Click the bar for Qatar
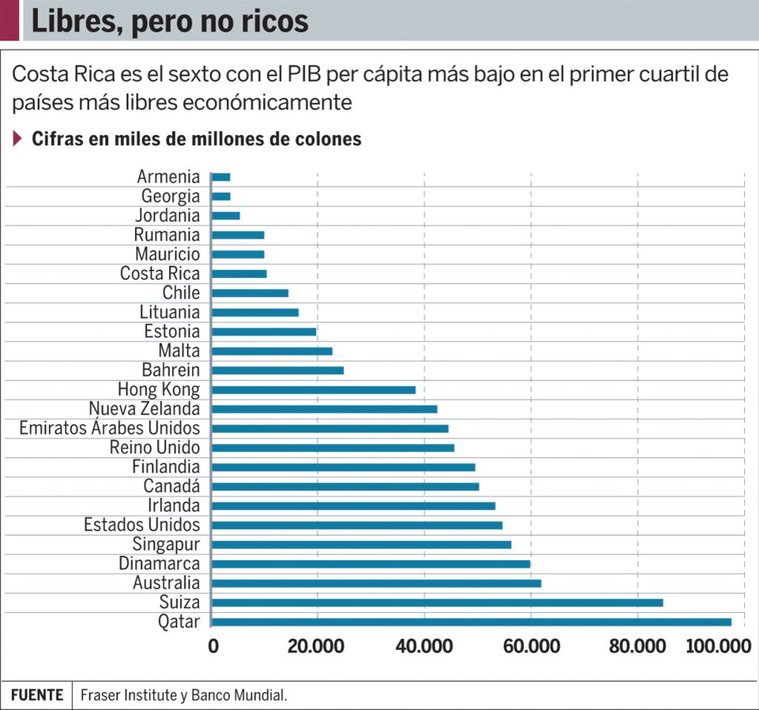click(x=471, y=622)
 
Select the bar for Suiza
click(x=437, y=603)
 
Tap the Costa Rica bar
click(x=239, y=273)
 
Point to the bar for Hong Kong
click(x=314, y=390)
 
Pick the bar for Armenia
click(x=221, y=177)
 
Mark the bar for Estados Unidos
click(x=357, y=525)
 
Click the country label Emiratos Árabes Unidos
click(x=110, y=428)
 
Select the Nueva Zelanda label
click(x=145, y=409)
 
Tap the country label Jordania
click(x=168, y=216)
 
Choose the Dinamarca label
click(x=159, y=564)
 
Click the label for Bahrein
click(x=170, y=370)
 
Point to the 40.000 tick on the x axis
click(x=425, y=646)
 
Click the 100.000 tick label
click(x=718, y=646)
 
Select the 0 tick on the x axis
click(x=213, y=646)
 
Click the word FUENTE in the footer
click(x=37, y=695)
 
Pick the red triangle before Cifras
click(x=18, y=139)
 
